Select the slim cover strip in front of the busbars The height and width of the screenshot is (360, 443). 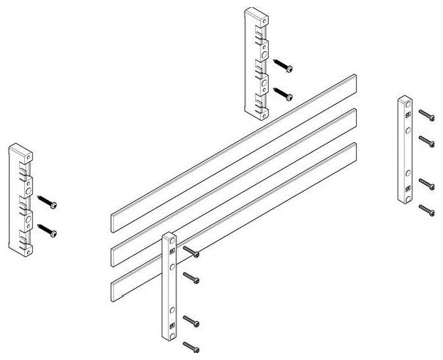(170, 285)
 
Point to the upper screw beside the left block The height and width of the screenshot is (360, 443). (48, 203)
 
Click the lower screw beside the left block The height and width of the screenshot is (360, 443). (48, 229)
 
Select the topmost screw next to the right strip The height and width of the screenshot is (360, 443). (426, 115)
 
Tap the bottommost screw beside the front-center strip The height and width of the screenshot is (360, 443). (191, 346)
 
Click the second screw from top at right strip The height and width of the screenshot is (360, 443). (426, 139)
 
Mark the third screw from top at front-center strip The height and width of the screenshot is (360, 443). (191, 321)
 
